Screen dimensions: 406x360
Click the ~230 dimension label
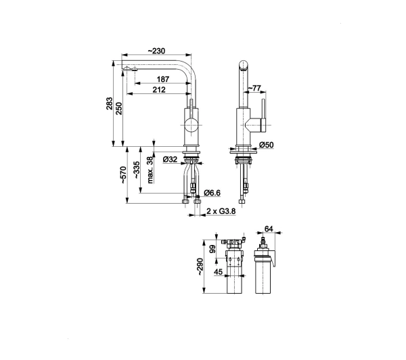coord(156,51)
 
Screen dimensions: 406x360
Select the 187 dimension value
coord(163,79)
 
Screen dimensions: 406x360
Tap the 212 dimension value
coord(159,89)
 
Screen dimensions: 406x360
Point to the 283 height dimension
coord(109,104)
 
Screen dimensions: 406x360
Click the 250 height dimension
coord(118,108)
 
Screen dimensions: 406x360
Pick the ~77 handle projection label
coord(254,89)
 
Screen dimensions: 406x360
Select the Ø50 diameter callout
coord(266,145)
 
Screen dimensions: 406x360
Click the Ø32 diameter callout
coord(170,159)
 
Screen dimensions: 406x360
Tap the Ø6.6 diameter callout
coord(212,193)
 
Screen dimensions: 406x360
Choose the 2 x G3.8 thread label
coord(221,211)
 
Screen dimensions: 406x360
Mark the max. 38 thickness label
coord(150,170)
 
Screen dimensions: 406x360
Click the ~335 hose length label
coord(137,170)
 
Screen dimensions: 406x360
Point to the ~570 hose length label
coord(123,175)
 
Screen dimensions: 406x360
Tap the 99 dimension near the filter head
coord(212,249)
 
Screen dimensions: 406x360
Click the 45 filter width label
coord(219,271)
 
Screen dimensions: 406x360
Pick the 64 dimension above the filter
coord(269,229)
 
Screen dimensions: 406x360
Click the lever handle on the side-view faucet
coord(264,115)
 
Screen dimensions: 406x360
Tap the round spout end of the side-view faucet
coord(244,65)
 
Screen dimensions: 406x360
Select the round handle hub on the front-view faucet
coord(191,125)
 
